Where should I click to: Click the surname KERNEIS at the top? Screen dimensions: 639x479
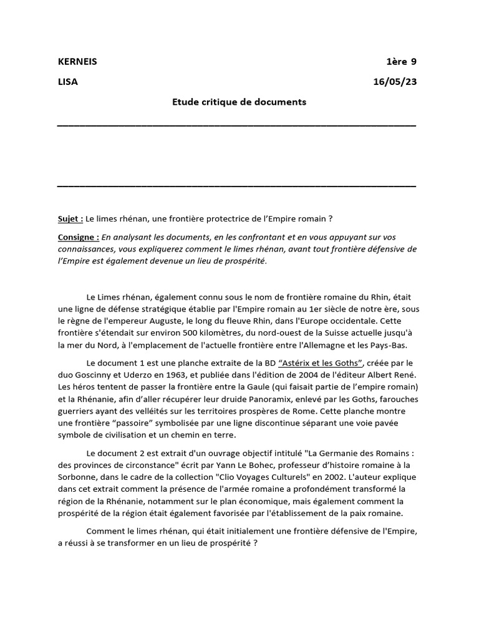(x=77, y=62)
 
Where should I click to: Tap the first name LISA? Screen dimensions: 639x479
(x=68, y=82)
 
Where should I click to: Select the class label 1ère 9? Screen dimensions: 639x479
(x=402, y=62)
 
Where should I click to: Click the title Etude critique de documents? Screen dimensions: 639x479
(x=239, y=102)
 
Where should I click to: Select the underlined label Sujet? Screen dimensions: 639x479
(x=69, y=218)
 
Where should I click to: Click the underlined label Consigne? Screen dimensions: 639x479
(x=78, y=237)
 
